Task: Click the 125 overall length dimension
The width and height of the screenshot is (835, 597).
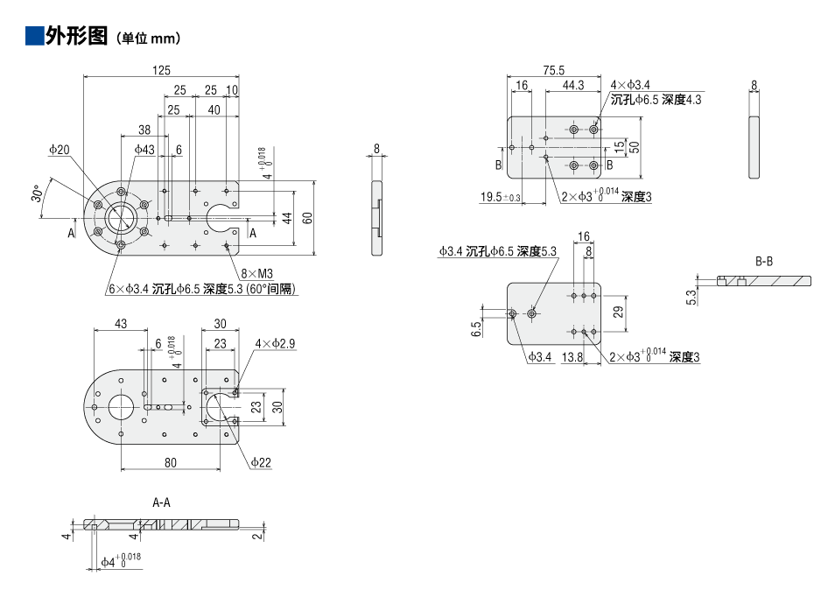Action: (x=161, y=71)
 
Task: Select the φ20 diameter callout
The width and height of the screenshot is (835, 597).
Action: (x=60, y=151)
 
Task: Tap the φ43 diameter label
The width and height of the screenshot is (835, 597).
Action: (x=144, y=151)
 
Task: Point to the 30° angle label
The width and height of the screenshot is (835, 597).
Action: (x=38, y=193)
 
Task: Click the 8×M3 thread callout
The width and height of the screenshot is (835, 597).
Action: (x=257, y=274)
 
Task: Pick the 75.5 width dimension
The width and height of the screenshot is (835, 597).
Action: (x=554, y=71)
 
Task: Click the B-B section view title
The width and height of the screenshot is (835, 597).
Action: (x=764, y=261)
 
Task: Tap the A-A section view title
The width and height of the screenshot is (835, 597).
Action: (x=161, y=502)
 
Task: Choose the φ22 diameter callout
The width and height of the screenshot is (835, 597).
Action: (x=261, y=462)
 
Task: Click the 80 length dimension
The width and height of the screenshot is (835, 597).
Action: (x=170, y=462)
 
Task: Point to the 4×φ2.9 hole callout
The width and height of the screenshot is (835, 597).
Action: (x=275, y=344)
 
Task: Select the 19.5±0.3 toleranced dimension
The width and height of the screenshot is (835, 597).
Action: (x=501, y=198)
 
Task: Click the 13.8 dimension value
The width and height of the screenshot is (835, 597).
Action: (x=573, y=357)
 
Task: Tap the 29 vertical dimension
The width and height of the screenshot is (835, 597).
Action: (x=619, y=312)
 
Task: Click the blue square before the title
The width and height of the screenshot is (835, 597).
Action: (x=34, y=36)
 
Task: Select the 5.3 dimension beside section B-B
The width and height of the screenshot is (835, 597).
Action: (x=691, y=298)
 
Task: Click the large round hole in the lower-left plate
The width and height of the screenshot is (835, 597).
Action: (x=121, y=407)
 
